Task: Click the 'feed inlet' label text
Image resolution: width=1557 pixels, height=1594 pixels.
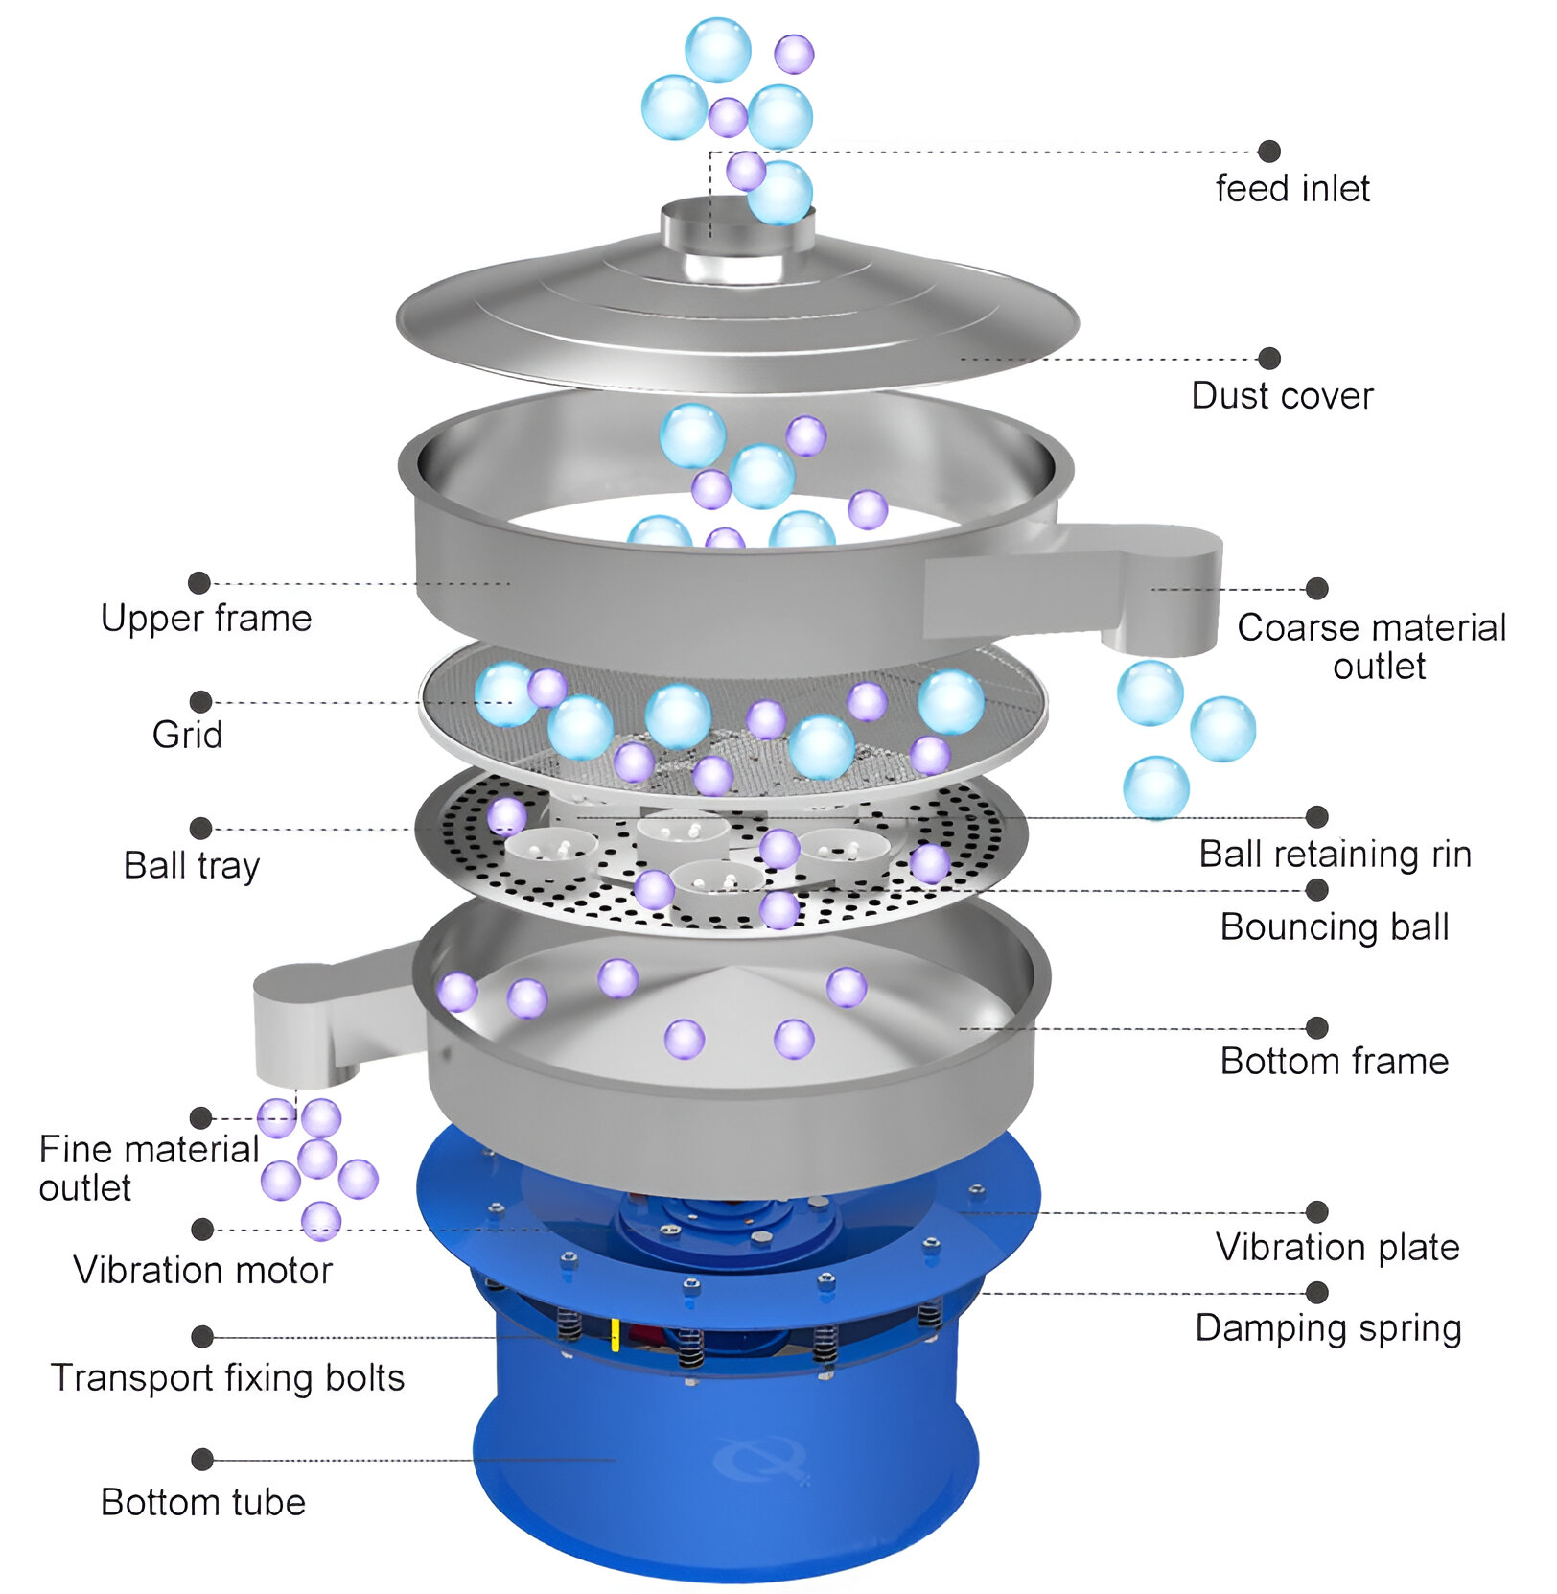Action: point(1291,188)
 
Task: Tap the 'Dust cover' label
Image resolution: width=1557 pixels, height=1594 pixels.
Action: point(1282,395)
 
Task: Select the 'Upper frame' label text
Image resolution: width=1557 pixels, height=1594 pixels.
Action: point(206,619)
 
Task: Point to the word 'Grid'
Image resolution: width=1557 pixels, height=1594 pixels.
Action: point(187,735)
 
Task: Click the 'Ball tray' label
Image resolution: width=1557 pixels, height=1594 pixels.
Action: point(192,865)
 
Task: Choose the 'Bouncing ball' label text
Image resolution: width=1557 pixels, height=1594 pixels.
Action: point(1334,927)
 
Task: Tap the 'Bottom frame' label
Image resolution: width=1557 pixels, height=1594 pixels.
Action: point(1334,1062)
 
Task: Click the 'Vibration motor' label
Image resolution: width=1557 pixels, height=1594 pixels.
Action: point(202,1271)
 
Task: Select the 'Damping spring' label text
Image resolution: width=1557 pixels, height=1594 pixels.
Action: point(1328,1328)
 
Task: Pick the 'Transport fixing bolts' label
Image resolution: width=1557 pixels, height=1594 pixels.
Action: point(227,1378)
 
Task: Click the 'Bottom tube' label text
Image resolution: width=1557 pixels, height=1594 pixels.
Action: point(203,1503)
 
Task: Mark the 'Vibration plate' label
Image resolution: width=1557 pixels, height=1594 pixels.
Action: point(1337,1248)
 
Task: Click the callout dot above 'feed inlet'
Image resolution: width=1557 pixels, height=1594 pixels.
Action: point(1269,151)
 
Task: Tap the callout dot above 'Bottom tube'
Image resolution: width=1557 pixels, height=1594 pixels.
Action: point(201,1460)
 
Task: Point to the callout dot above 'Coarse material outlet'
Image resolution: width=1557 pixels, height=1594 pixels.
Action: point(1317,588)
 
